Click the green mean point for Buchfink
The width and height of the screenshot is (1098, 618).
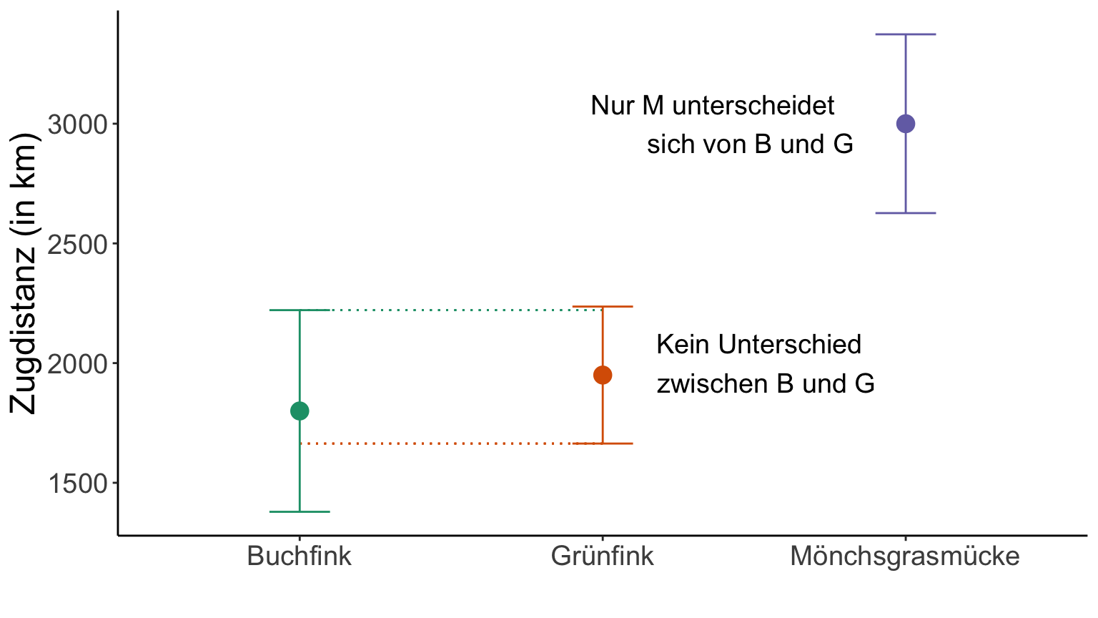click(x=300, y=411)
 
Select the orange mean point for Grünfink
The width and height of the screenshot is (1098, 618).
click(x=603, y=375)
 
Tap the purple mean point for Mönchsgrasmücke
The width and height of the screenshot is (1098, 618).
click(x=906, y=124)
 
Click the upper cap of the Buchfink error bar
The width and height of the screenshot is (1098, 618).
click(x=300, y=310)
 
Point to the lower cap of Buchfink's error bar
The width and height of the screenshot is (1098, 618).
click(x=300, y=511)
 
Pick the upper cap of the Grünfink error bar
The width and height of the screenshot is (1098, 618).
click(x=603, y=307)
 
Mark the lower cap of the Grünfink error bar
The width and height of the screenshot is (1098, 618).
click(x=603, y=443)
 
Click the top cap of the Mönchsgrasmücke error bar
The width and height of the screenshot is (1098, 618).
click(x=906, y=34)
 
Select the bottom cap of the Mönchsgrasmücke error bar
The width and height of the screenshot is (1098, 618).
click(x=906, y=213)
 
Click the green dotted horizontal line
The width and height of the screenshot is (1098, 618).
click(x=457, y=310)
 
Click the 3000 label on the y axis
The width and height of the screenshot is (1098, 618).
click(x=76, y=125)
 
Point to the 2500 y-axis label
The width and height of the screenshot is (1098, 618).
click(x=76, y=245)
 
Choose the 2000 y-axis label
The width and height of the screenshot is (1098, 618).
click(x=76, y=365)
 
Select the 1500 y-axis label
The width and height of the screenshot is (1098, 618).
click(x=76, y=484)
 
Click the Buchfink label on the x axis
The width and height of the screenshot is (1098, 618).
click(x=300, y=556)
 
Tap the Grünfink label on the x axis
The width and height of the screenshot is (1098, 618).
click(x=603, y=556)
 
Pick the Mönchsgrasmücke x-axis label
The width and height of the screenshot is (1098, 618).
click(x=905, y=556)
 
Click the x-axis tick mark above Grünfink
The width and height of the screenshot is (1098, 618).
click(x=603, y=537)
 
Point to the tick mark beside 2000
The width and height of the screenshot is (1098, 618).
click(x=114, y=363)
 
